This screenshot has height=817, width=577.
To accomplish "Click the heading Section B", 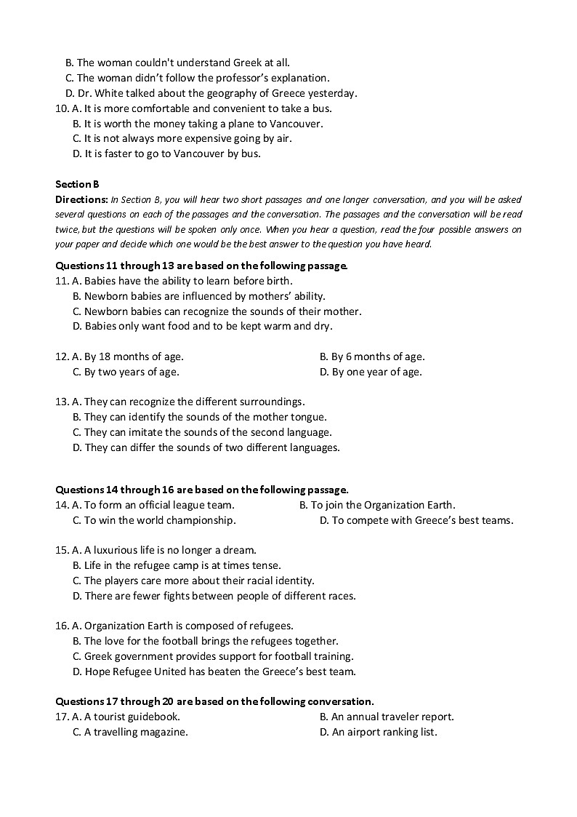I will click(76, 184).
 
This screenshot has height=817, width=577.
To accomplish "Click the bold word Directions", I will click(81, 199).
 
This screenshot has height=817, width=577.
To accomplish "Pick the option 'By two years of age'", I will click(126, 372).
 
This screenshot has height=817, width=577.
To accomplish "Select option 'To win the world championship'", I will click(154, 520).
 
